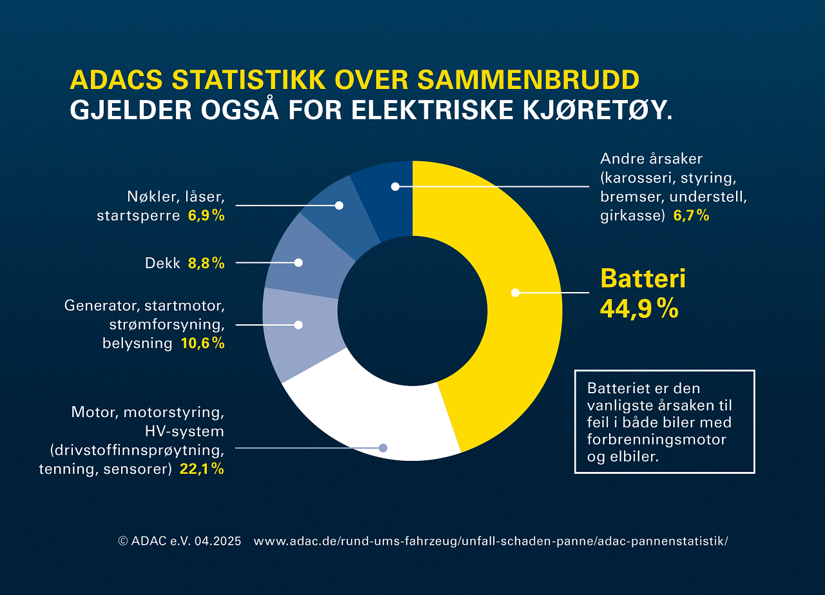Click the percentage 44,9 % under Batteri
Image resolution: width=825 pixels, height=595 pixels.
[639, 308]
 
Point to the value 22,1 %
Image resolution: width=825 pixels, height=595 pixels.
[202, 469]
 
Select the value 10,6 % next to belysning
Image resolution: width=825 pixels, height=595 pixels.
[202, 344]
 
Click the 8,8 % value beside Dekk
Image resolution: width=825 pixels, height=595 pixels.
[206, 263]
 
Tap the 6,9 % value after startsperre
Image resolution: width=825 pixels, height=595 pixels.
[206, 216]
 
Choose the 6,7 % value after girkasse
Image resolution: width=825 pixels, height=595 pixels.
[691, 216]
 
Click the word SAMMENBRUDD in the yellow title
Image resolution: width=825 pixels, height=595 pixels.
[529, 79]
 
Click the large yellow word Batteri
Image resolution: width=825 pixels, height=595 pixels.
[643, 278]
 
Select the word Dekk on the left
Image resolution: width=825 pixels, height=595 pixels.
[163, 263]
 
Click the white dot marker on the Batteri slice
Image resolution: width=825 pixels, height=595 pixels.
[515, 293]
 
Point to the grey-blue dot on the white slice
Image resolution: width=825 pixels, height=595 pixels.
[383, 447]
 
